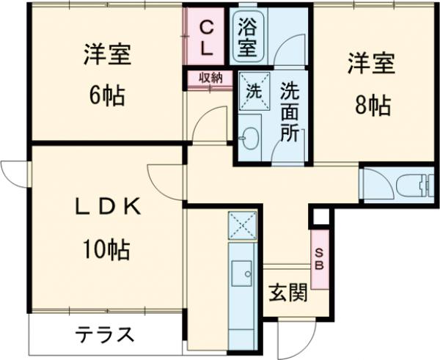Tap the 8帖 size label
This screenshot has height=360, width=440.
(373, 106)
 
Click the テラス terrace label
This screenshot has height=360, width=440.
(104, 335)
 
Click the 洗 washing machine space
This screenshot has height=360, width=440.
(253, 93)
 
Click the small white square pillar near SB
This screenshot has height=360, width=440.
(320, 217)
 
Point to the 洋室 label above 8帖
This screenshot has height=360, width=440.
(371, 64)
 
